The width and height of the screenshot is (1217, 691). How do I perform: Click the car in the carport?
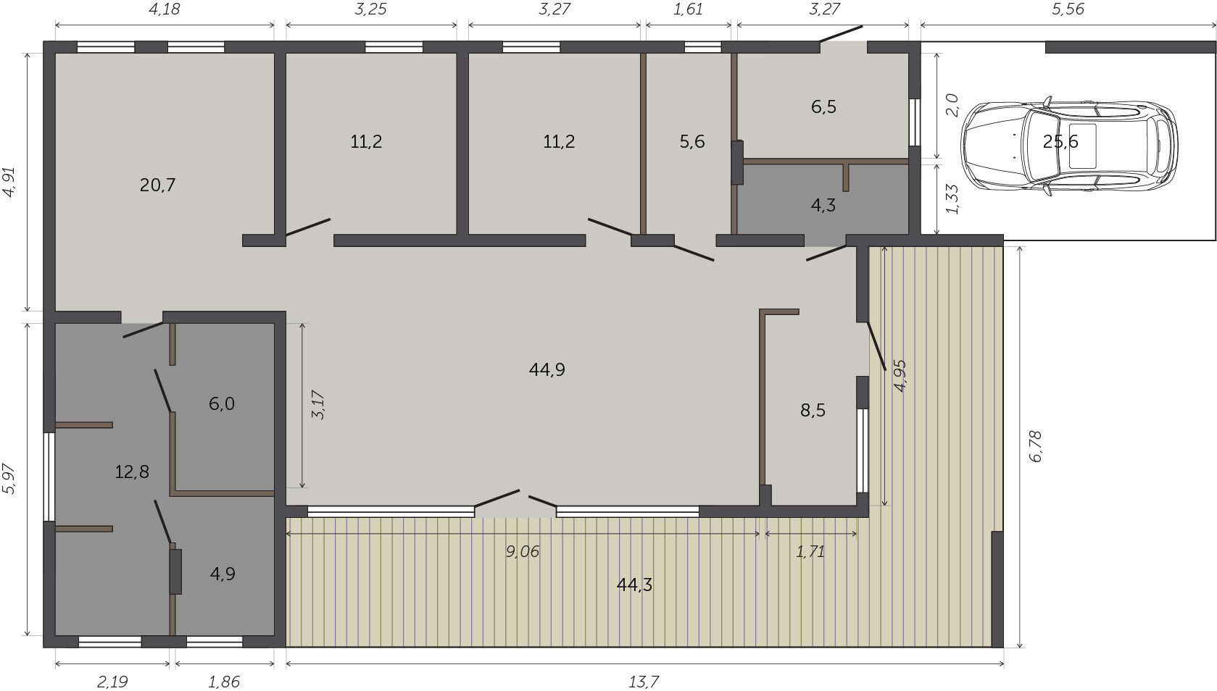tap(1070, 146)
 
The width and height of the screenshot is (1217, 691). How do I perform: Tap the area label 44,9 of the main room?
tap(547, 370)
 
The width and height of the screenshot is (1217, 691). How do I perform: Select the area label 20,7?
tap(157, 185)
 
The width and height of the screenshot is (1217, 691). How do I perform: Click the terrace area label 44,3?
tap(634, 585)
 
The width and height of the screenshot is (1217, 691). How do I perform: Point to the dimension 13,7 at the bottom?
tap(644, 682)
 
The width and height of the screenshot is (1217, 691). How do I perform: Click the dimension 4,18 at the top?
tap(164, 9)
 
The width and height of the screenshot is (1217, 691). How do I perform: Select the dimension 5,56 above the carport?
tap(1068, 9)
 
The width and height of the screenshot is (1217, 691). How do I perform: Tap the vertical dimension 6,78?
tap(1036, 446)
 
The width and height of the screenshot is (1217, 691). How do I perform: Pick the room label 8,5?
tap(813, 411)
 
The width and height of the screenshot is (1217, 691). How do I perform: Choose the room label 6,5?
tap(823, 107)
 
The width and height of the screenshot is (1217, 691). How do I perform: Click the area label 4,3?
tap(823, 206)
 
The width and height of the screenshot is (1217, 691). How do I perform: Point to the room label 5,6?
tap(692, 142)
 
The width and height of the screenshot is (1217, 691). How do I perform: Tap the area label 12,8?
tap(132, 472)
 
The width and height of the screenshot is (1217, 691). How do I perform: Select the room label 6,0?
tap(222, 404)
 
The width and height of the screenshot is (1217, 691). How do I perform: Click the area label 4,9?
tap(223, 574)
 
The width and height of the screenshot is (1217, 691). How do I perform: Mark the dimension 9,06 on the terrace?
tap(523, 552)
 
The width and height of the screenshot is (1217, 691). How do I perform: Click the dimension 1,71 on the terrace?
tap(810, 552)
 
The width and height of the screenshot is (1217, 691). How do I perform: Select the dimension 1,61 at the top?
tap(688, 9)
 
